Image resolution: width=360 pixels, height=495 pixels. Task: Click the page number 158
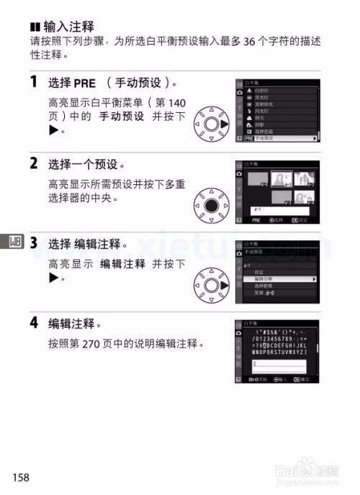[x=20, y=476]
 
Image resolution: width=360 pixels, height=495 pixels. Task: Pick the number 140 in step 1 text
[x=176, y=103]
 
